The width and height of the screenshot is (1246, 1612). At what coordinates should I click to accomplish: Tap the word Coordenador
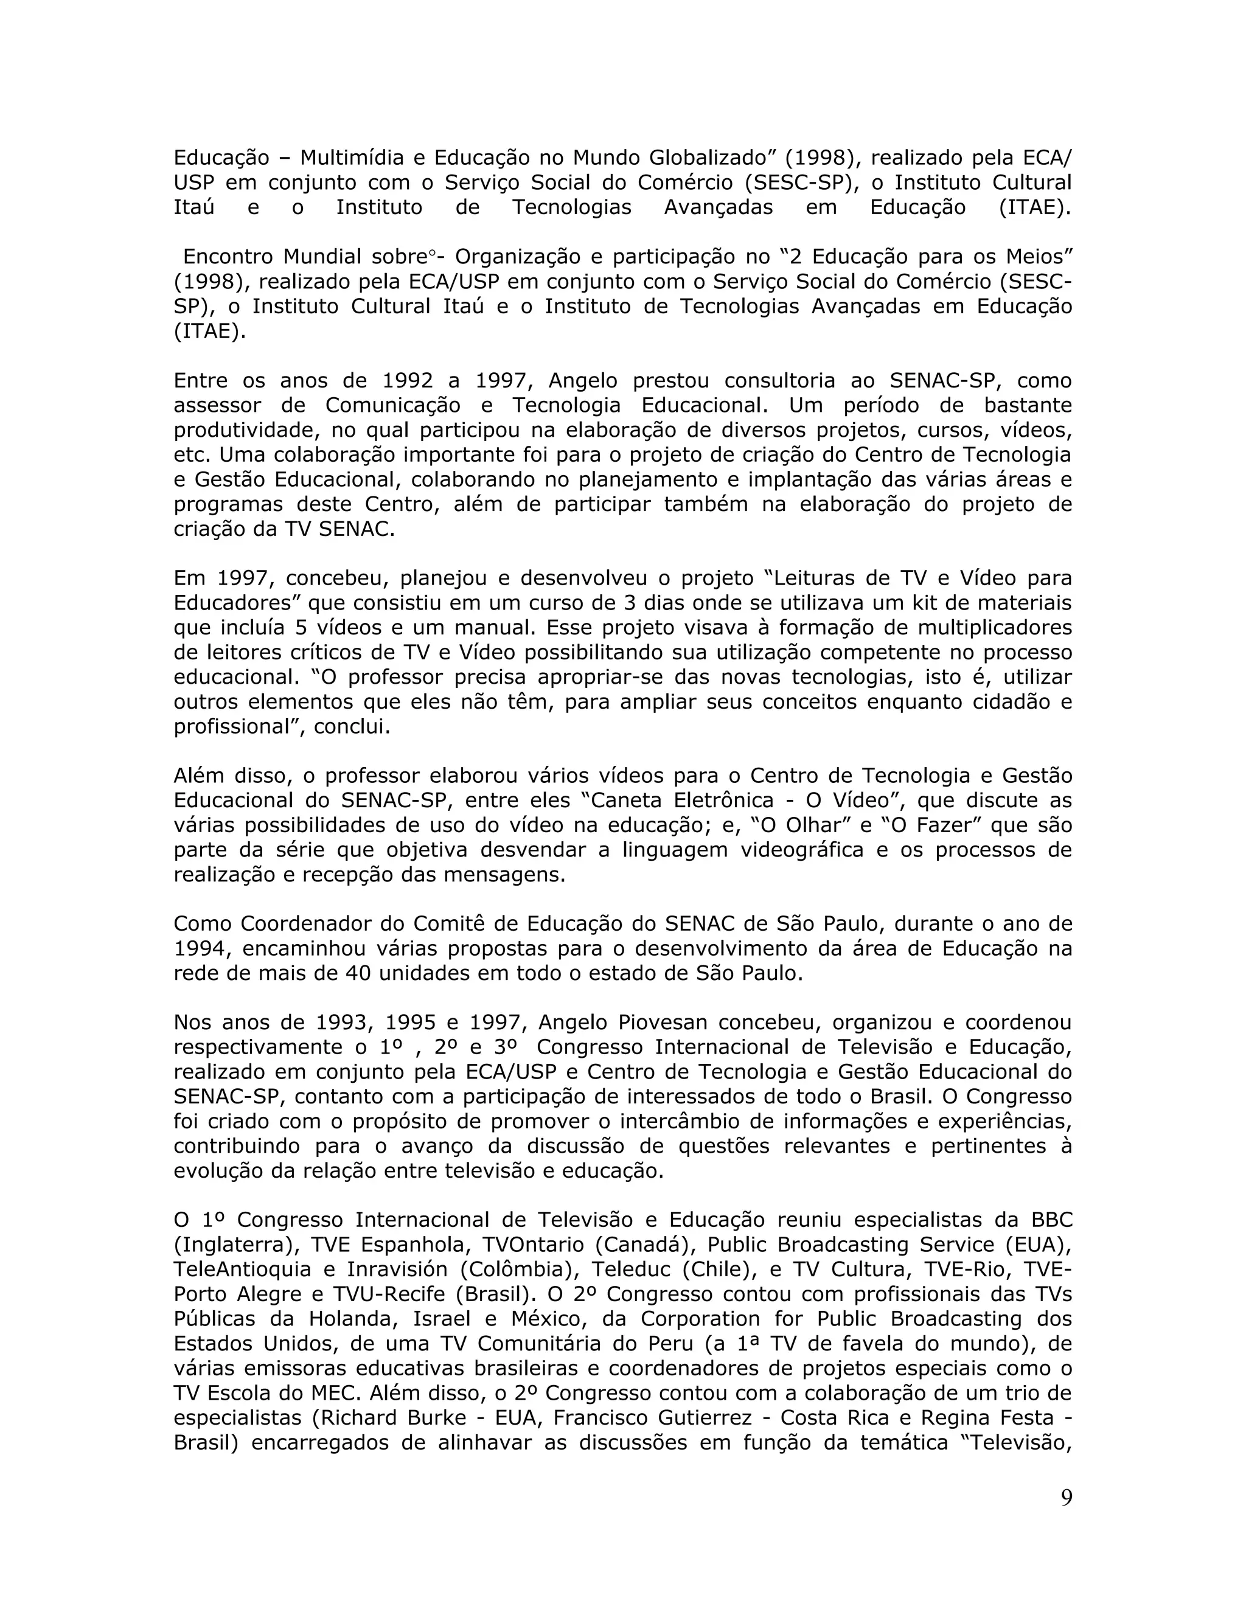click(308, 924)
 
